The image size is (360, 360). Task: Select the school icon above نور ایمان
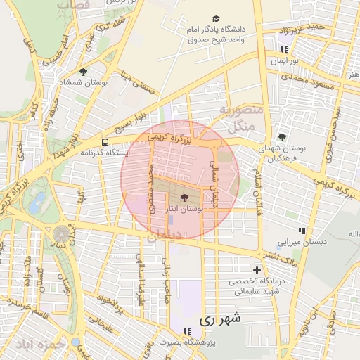coord(283,50)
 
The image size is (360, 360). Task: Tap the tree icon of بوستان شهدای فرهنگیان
coord(282,137)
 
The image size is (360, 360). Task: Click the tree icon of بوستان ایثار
coord(184,198)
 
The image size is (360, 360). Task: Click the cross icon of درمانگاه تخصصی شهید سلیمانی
coord(257,270)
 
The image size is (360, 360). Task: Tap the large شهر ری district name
coord(219,318)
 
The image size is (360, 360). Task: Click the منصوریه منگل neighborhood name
coord(240,118)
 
